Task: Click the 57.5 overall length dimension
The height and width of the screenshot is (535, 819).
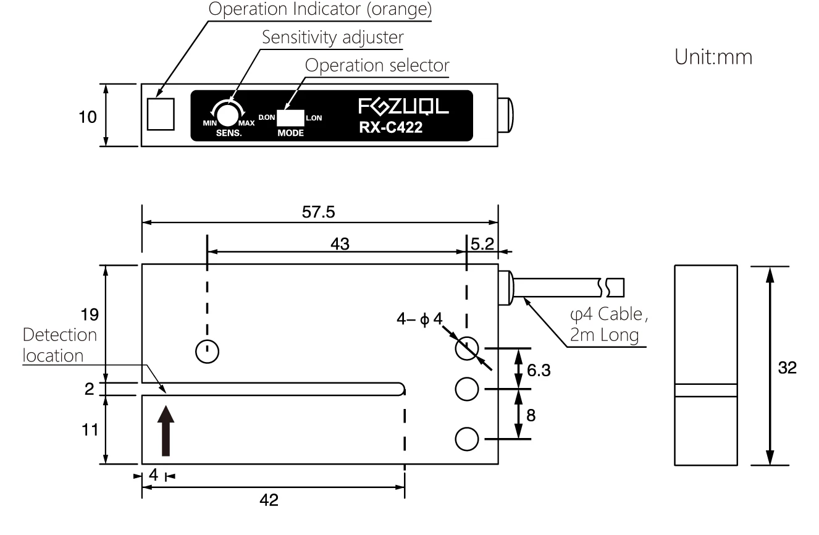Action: (318, 212)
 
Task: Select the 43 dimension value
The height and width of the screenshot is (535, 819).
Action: (340, 244)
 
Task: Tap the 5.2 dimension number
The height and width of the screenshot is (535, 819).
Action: (482, 244)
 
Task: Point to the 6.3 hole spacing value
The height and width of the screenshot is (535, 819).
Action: (539, 371)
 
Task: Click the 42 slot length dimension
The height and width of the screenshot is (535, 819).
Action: (269, 500)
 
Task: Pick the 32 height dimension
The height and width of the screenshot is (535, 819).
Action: (787, 368)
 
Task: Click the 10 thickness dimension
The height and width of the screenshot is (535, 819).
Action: (88, 117)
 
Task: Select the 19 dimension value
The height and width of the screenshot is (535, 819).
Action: (90, 314)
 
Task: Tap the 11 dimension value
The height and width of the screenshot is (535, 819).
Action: (90, 430)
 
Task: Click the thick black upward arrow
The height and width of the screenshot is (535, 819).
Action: (166, 431)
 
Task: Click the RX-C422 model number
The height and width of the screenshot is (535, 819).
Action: (391, 127)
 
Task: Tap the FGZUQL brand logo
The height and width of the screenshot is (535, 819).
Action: (403, 106)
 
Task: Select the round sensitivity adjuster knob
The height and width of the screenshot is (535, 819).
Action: (227, 115)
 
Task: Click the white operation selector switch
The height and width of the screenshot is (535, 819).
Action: (290, 118)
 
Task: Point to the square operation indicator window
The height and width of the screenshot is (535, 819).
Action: (161, 114)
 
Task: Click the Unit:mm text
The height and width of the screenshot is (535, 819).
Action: (713, 57)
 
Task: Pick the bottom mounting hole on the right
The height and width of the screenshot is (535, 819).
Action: (467, 439)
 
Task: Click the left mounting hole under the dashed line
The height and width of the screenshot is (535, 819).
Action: (208, 352)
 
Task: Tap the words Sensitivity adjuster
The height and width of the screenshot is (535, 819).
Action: (333, 37)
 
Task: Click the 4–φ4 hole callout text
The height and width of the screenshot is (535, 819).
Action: (419, 319)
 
